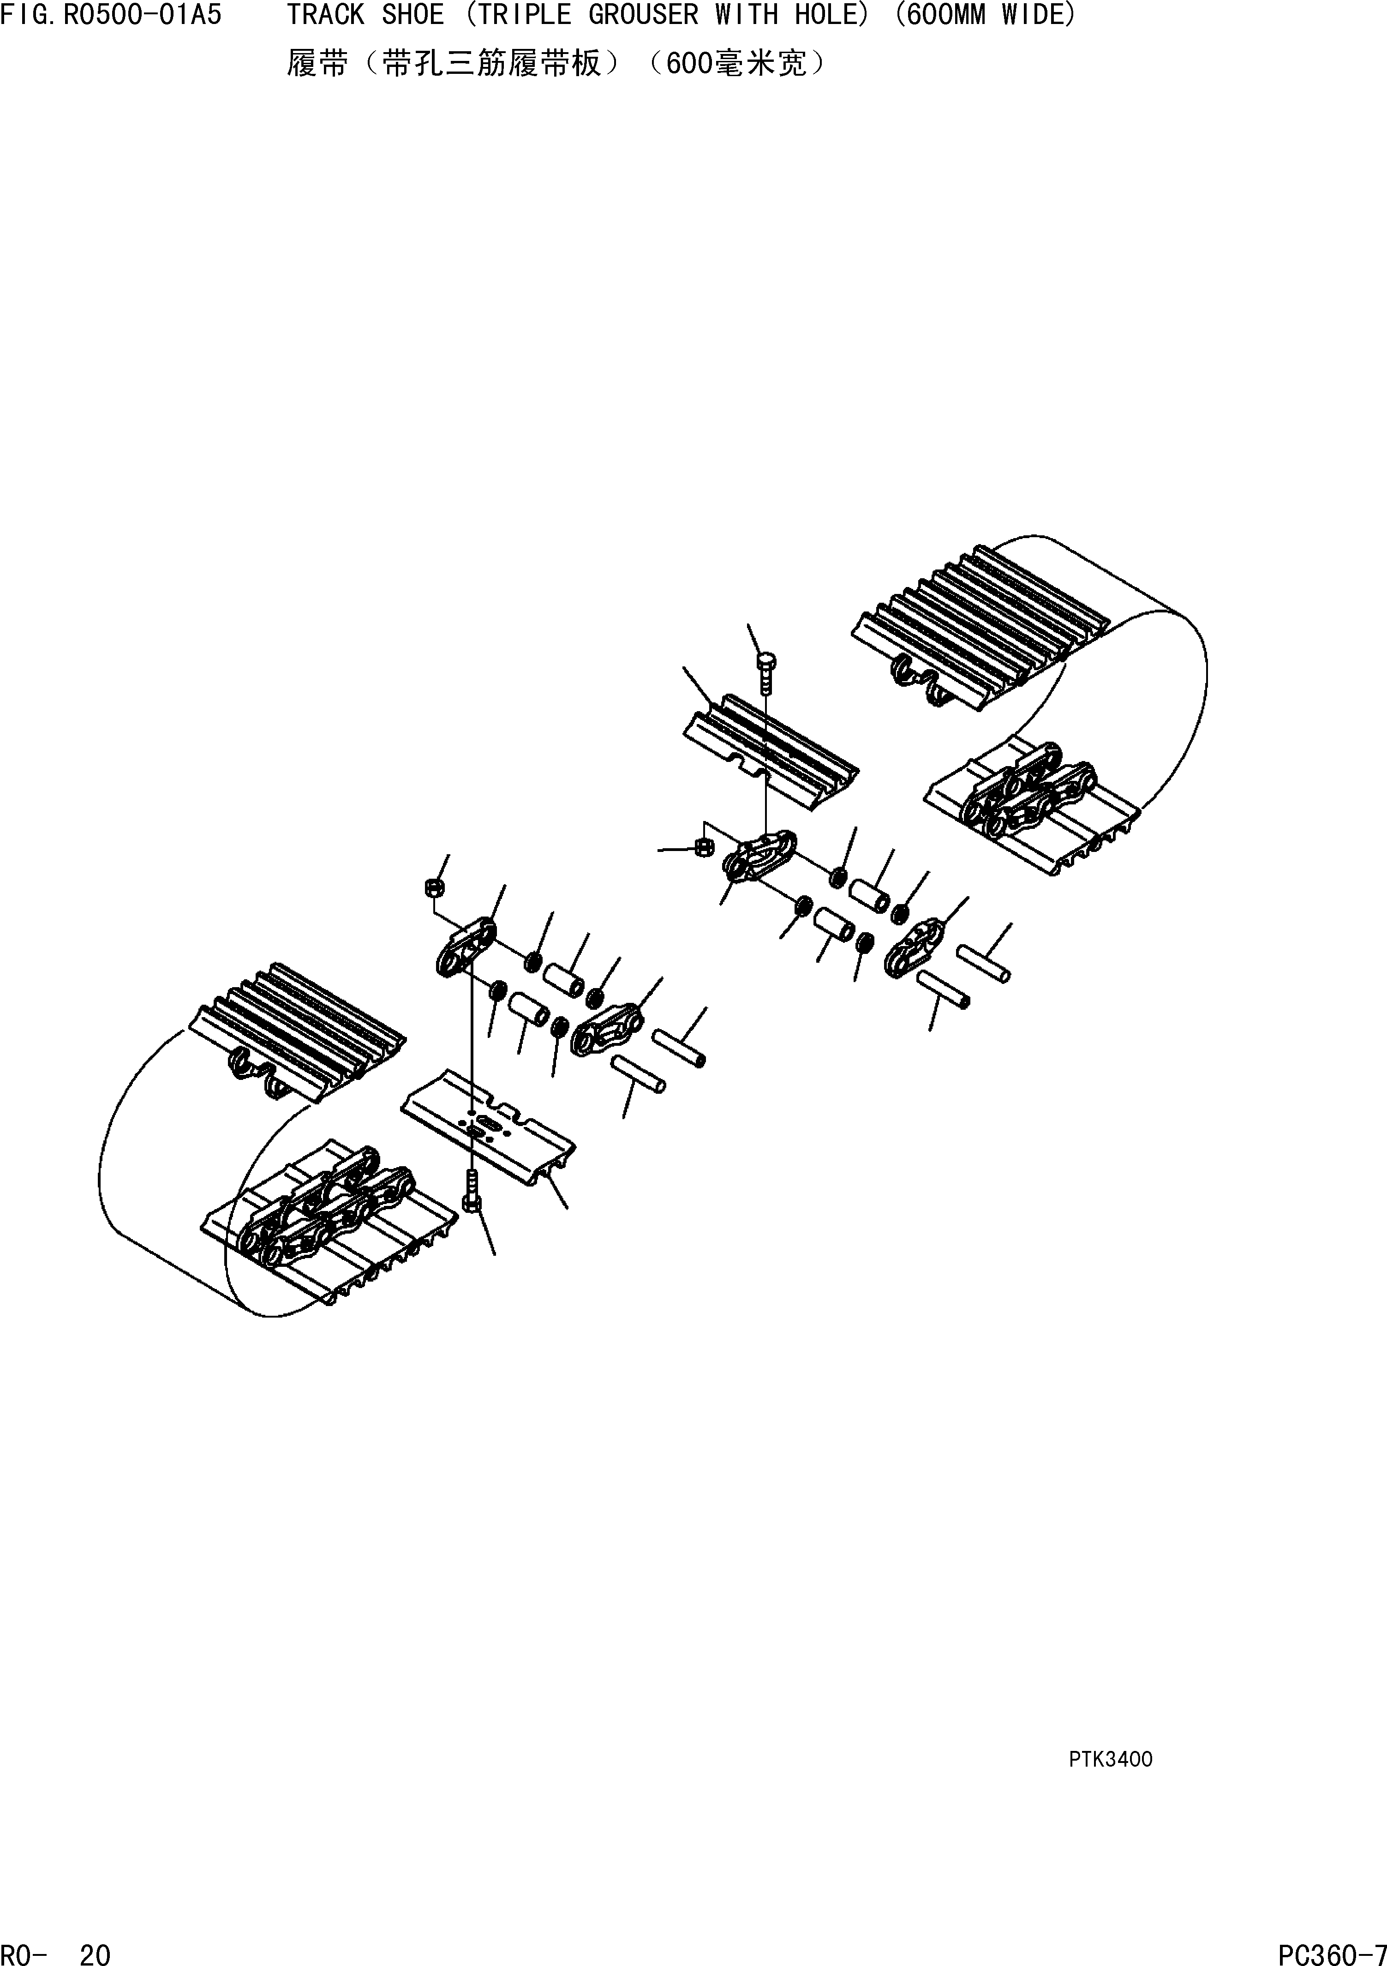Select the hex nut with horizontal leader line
[x=703, y=847]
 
